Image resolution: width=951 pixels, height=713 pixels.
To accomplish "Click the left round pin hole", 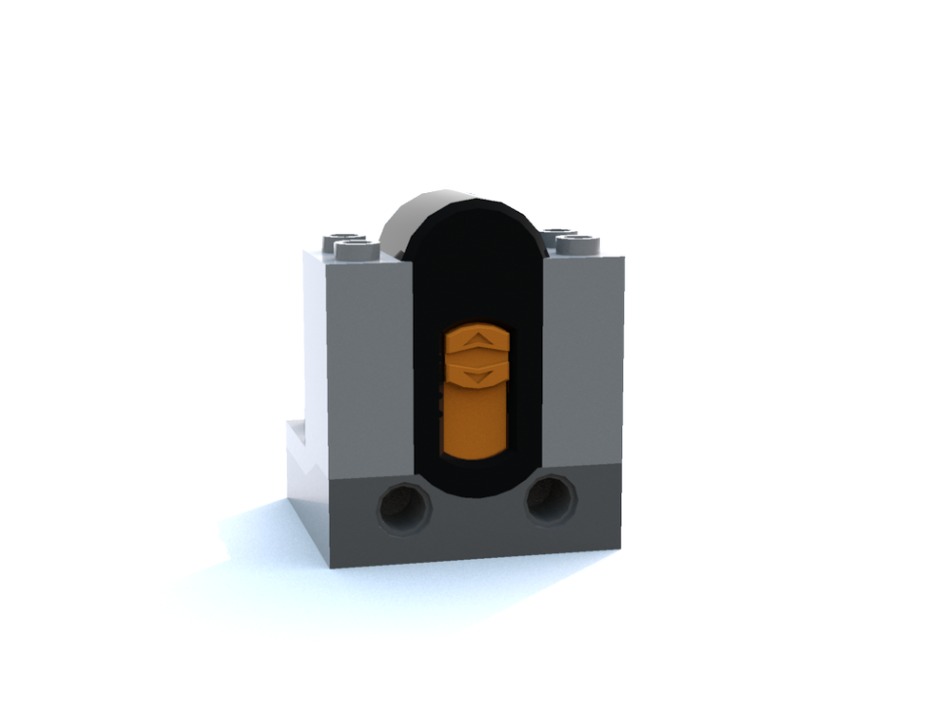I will [x=403, y=506].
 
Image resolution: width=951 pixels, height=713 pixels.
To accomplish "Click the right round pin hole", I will [x=551, y=500].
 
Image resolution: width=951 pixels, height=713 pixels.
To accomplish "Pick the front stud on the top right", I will [x=578, y=244].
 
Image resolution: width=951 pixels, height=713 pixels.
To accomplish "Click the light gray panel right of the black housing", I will [x=582, y=361].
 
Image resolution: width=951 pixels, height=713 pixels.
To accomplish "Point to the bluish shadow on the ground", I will [x=257, y=542].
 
